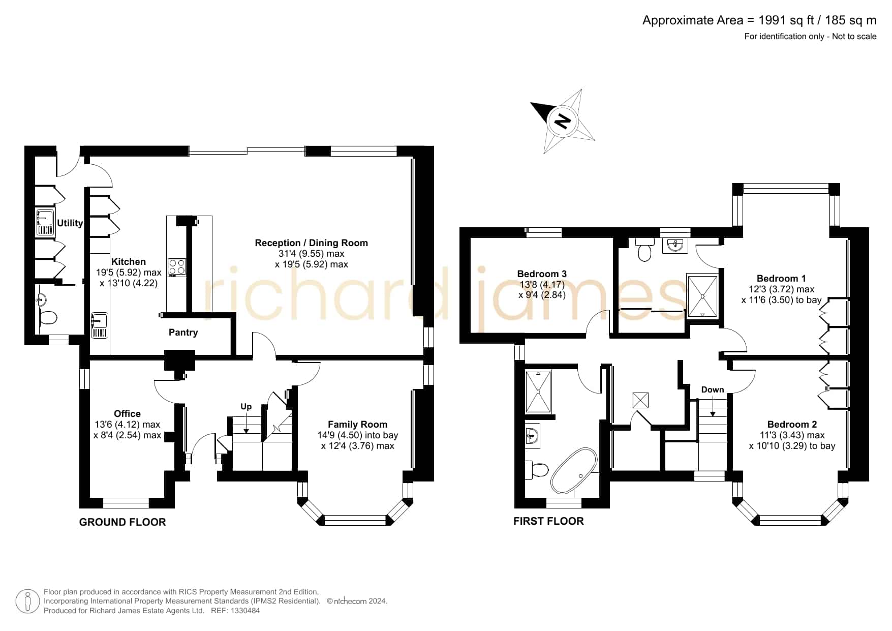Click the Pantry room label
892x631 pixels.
pyautogui.click(x=183, y=333)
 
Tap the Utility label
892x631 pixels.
pyautogui.click(x=70, y=223)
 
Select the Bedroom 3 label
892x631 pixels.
pyautogui.click(x=542, y=274)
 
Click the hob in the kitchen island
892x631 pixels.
pyautogui.click(x=177, y=267)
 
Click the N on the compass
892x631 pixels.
pyautogui.click(x=562, y=122)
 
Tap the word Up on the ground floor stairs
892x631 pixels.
pyautogui.click(x=246, y=406)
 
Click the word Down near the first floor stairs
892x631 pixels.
pyautogui.click(x=713, y=389)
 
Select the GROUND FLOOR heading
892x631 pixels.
pyautogui.click(x=122, y=522)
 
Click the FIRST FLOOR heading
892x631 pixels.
pyautogui.click(x=548, y=521)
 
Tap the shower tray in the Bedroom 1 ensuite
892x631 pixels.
pyautogui.click(x=702, y=295)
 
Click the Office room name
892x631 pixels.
pyautogui.click(x=127, y=414)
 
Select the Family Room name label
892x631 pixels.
pyautogui.click(x=357, y=425)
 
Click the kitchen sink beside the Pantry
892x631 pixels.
pyautogui.click(x=99, y=325)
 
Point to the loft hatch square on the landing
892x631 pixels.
pyautogui.click(x=640, y=400)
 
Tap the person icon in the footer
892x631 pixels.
pyautogui.click(x=27, y=602)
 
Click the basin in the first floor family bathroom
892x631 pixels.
pyautogui.click(x=532, y=436)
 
